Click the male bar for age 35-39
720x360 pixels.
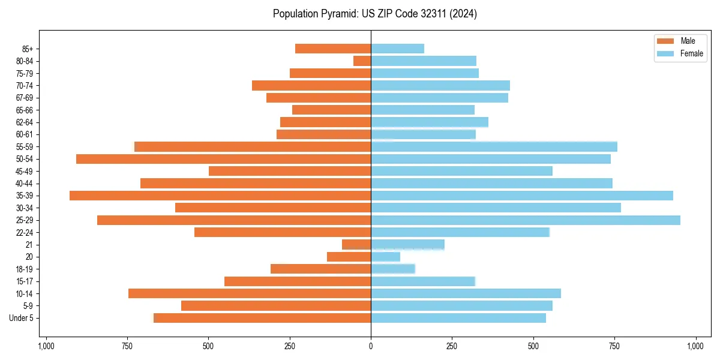pos(220,196)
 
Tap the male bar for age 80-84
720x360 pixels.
pos(362,61)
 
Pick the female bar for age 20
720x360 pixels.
pos(386,257)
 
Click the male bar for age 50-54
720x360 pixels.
pos(223,159)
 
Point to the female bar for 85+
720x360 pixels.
pos(398,49)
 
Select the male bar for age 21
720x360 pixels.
pos(356,245)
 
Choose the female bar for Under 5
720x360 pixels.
pos(458,318)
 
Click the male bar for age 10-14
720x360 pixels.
pos(250,293)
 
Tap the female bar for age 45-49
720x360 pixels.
pos(461,171)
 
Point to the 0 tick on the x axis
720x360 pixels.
pos(371,346)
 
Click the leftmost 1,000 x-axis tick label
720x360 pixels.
pos(46,346)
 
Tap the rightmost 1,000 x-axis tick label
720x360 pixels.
pos(695,346)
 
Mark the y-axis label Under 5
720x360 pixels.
pos(21,318)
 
